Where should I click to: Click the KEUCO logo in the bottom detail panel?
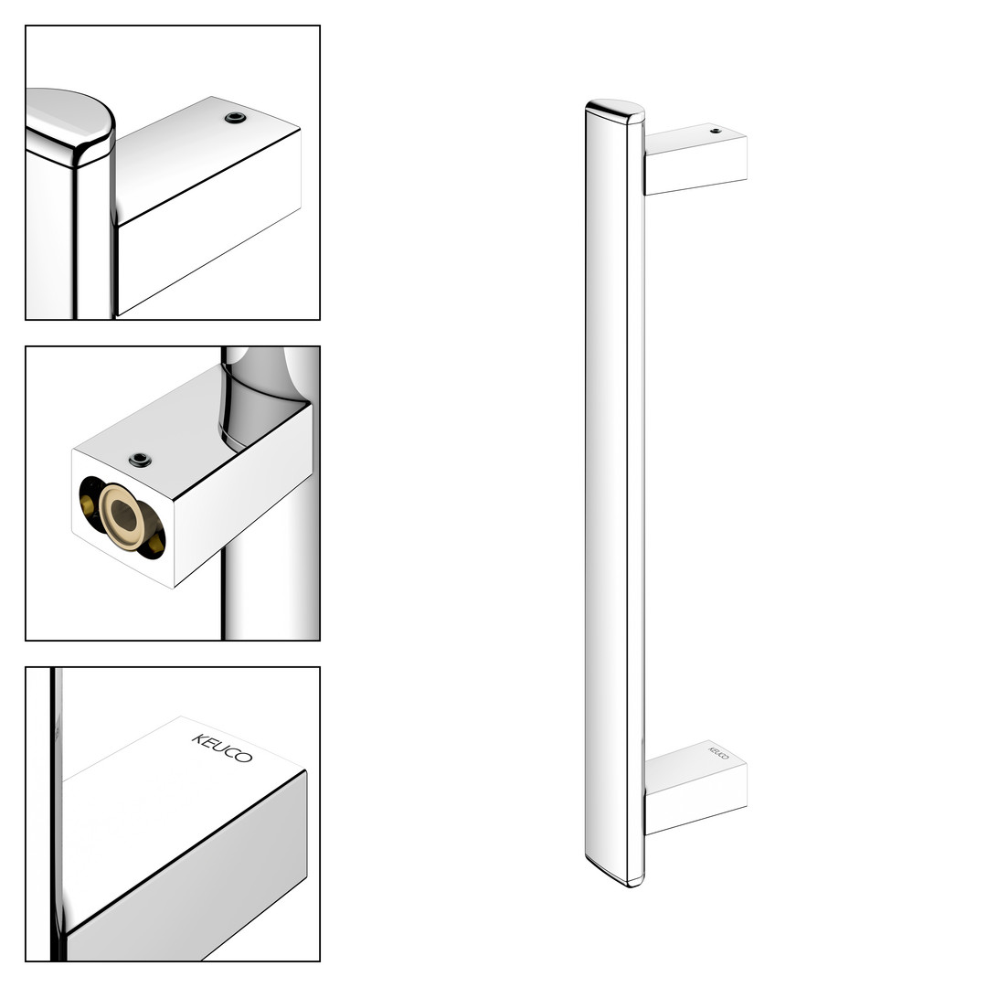222,748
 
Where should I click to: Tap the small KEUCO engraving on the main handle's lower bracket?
719,753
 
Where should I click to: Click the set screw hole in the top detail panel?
235,118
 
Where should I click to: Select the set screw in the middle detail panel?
140,460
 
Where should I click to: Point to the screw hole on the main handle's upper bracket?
715,131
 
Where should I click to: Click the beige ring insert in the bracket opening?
123,516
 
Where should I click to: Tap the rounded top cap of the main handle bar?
615,111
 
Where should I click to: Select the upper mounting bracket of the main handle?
695,159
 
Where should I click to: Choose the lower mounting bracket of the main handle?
695,788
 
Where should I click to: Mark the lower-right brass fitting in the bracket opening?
153,543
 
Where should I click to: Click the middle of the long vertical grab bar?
615,493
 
